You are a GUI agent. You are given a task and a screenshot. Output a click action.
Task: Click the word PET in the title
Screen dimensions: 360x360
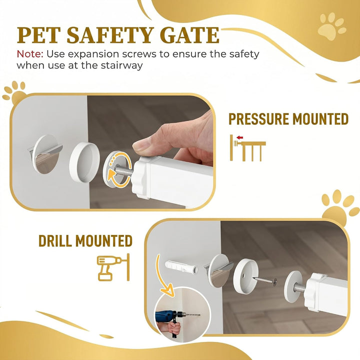pos(39,35)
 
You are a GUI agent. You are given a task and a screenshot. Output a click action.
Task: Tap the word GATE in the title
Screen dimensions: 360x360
pos(190,35)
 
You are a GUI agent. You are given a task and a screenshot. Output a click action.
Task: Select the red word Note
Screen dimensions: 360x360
pos(30,54)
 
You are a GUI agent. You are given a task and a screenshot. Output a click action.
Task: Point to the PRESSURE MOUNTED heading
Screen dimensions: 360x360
pos(288,119)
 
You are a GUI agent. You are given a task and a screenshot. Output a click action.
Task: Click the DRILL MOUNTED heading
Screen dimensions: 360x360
pos(85,240)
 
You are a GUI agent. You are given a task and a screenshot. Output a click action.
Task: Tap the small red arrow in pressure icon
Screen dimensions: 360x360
pos(240,137)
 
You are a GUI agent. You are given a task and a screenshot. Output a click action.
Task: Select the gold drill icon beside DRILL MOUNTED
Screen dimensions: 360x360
pos(113,267)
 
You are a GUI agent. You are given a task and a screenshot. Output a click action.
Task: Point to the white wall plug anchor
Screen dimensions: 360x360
pos(181,266)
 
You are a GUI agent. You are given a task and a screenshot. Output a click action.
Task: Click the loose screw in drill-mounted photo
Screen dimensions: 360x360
pos(264,280)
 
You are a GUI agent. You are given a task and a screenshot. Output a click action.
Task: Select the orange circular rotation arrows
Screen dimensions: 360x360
pos(119,169)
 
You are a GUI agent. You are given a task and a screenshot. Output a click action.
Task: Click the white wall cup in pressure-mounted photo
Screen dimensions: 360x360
pos(84,162)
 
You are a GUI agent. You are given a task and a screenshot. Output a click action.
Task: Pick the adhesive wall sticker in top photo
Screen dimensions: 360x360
pos(45,154)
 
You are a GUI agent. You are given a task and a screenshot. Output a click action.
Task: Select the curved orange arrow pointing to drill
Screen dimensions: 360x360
pos(162,275)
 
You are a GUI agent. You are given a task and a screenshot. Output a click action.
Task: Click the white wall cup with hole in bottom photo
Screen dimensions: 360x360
pos(245,276)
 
